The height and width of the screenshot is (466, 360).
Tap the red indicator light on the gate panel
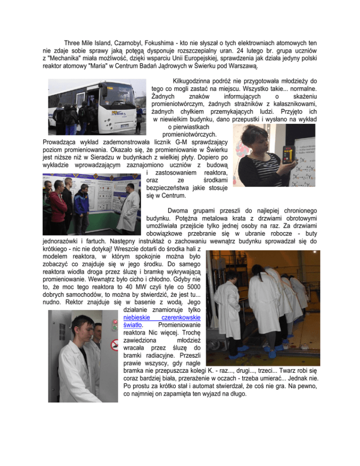114,323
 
